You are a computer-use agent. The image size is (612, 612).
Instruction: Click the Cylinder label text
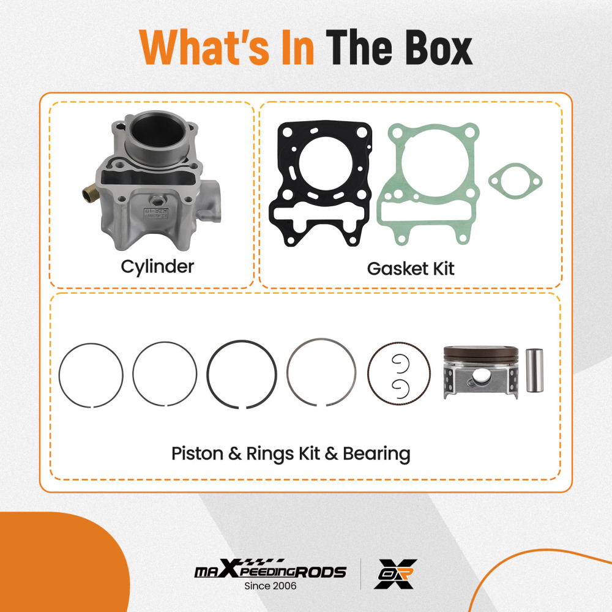[x=157, y=267]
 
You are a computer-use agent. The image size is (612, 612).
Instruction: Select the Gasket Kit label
[x=411, y=268]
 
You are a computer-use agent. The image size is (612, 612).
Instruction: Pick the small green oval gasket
[x=515, y=179]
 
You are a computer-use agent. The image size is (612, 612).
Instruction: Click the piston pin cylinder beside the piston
[x=534, y=370]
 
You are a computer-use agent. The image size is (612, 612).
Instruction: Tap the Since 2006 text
[x=270, y=586]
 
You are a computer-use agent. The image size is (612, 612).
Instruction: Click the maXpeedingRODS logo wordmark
[x=270, y=571]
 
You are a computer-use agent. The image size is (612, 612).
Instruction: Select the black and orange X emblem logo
[x=395, y=573]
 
